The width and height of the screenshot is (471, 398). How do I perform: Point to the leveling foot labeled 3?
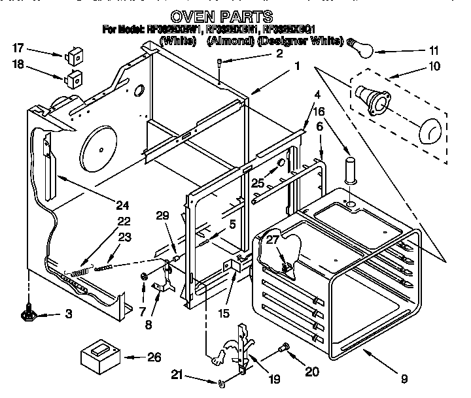tap(29, 314)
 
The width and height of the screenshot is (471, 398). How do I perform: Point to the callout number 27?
tap(271, 240)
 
